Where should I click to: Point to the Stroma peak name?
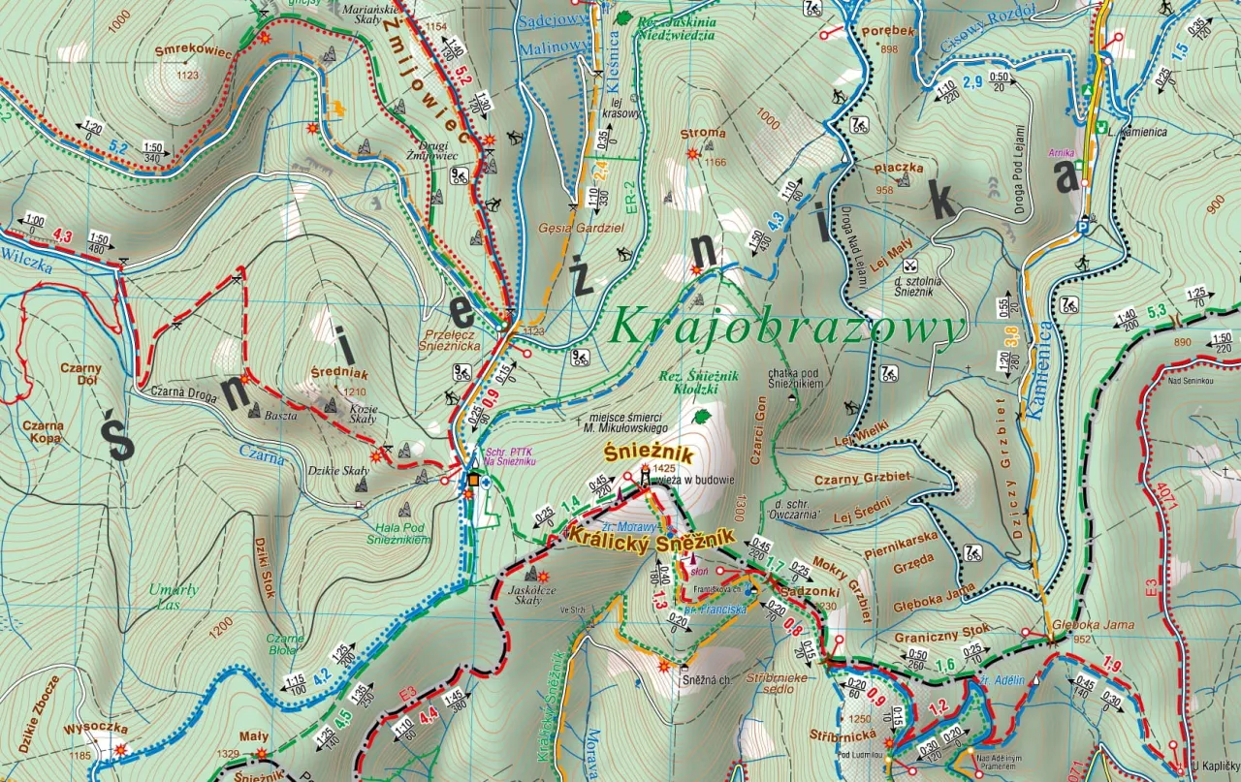pyautogui.click(x=703, y=134)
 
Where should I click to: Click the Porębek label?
pyautogui.click(x=882, y=30)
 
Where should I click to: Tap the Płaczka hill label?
pyautogui.click(x=897, y=168)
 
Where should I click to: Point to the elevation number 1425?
pyautogui.click(x=663, y=468)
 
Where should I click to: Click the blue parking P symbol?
pyautogui.click(x=1083, y=229)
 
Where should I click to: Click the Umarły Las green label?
pyautogui.click(x=174, y=596)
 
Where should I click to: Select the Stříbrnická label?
pyautogui.click(x=840, y=735)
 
